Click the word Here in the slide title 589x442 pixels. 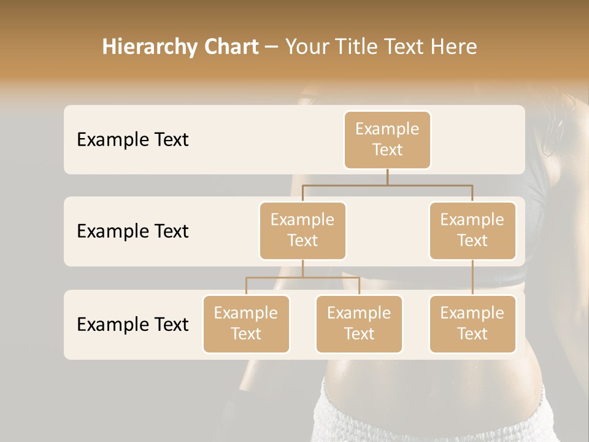coord(454,47)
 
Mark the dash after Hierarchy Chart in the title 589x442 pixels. coord(271,47)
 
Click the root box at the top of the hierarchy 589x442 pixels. coord(387,139)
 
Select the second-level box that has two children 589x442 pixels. coord(302,230)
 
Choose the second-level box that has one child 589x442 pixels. coord(472,230)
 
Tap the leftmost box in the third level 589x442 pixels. coord(246,324)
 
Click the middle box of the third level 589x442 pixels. coord(359,324)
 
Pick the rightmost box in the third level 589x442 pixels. coord(472,324)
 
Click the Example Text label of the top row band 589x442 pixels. coord(133,139)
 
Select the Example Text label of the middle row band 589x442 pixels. coord(133,231)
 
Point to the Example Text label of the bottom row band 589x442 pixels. coord(133,324)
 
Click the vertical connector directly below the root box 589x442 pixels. coord(387,177)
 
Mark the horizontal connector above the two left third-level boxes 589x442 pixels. coord(302,277)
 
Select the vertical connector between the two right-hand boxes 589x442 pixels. coord(472,277)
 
